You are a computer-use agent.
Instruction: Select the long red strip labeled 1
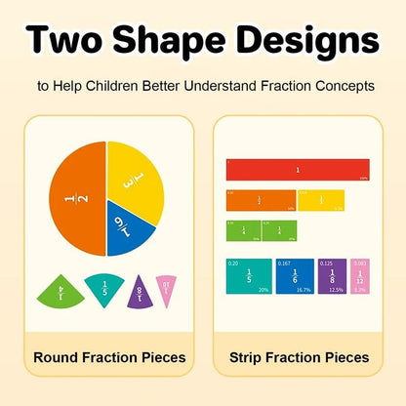[297, 169]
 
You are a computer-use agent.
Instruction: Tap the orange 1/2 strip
[261, 200]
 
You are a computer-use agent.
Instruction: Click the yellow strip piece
[320, 200]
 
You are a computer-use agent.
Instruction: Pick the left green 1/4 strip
[243, 230]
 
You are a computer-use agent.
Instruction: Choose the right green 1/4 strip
[279, 230]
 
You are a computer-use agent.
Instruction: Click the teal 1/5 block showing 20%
[249, 276]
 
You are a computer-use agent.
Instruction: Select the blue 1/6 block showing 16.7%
[295, 276]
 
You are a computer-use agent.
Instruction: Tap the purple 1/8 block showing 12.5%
[332, 276]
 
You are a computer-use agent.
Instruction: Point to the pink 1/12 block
[359, 276]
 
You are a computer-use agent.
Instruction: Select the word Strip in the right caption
[252, 357]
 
